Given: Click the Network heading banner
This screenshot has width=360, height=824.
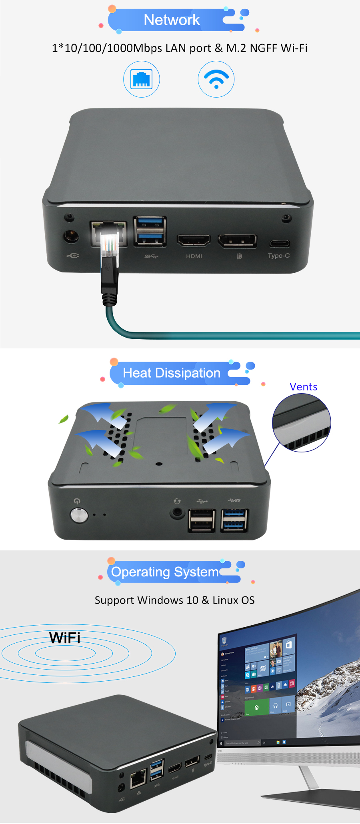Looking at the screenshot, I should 172,20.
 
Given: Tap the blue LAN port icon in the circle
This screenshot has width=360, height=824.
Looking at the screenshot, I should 142,79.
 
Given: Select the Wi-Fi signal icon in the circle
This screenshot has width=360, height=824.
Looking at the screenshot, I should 216,79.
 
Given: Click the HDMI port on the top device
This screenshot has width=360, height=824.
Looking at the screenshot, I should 194,240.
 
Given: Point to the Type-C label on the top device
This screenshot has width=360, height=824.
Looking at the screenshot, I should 279,256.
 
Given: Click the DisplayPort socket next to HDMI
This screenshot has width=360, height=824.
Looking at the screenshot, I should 237,241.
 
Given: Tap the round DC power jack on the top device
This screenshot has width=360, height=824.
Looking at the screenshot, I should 71,236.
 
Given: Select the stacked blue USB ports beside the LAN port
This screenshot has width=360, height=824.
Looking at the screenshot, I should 150,231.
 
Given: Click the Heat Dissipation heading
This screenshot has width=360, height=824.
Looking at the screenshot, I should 172,373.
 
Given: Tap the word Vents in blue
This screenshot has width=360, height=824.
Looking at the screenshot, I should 303,387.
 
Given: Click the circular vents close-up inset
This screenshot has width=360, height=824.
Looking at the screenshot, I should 302,423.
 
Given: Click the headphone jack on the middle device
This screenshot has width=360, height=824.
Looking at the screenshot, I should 176,512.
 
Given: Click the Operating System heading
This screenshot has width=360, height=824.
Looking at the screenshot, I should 165,572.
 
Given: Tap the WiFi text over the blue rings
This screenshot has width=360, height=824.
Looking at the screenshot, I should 65,638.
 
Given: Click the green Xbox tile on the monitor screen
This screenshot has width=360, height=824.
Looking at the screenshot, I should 256,707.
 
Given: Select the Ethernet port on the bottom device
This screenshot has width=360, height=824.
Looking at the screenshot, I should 138,778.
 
